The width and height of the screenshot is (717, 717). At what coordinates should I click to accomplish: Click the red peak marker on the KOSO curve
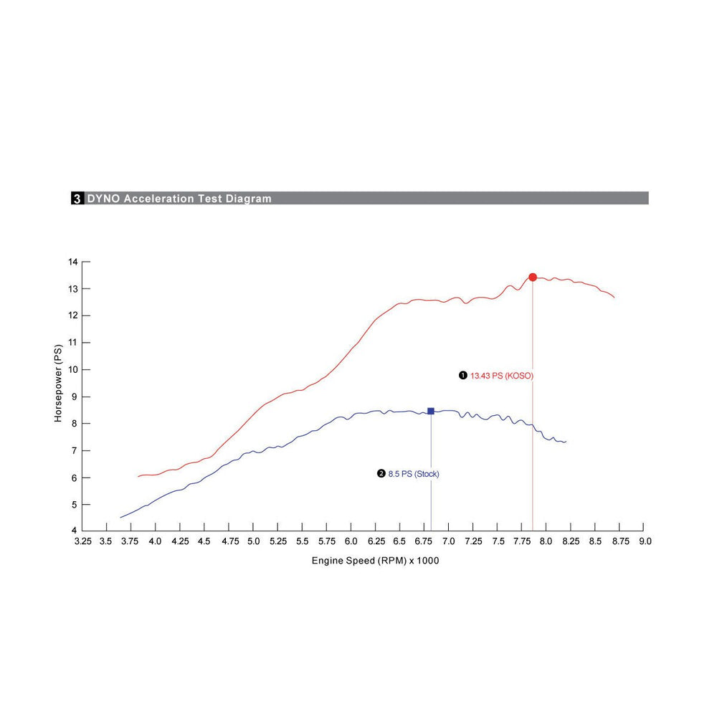click(x=533, y=277)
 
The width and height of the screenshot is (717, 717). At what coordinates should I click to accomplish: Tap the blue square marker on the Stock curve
click(x=431, y=411)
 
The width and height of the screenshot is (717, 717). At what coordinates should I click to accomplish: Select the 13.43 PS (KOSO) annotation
click(x=502, y=375)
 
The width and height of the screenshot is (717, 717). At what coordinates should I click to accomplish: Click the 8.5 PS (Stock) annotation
click(x=414, y=474)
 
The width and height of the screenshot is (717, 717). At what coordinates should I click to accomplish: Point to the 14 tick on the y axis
click(x=72, y=262)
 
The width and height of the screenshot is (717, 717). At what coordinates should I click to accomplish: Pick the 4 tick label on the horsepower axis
click(x=75, y=531)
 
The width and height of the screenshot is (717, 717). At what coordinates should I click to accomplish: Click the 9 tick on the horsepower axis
click(x=75, y=397)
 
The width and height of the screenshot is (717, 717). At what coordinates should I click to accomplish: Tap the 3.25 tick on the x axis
click(x=83, y=541)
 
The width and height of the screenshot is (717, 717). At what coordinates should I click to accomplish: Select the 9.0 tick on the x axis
click(x=645, y=541)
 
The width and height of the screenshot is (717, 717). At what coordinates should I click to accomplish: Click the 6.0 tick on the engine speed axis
click(x=351, y=541)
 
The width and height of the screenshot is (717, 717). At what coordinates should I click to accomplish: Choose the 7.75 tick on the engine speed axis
click(x=522, y=541)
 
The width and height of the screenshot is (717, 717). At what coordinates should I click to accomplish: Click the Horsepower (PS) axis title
click(x=58, y=383)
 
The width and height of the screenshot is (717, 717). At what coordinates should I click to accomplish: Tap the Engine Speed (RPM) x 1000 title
click(x=375, y=561)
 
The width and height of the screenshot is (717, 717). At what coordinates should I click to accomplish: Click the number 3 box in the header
click(x=77, y=199)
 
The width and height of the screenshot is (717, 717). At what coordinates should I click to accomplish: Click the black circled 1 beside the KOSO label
click(x=463, y=375)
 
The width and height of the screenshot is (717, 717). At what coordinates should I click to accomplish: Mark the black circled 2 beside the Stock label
click(x=381, y=474)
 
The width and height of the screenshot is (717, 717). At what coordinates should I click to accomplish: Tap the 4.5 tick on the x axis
click(x=205, y=541)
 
